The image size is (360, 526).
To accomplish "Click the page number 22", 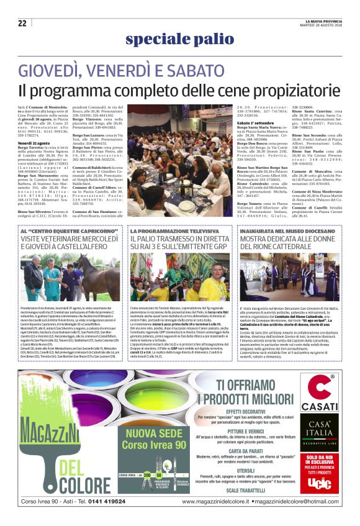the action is tap(22, 23).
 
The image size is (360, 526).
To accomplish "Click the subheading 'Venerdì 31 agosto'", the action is tap(34, 142).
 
